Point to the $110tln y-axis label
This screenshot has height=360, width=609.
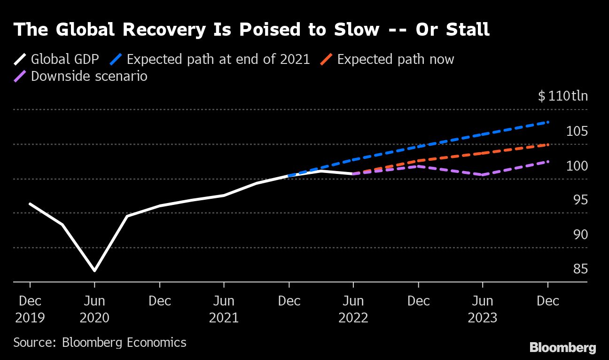pos(562,96)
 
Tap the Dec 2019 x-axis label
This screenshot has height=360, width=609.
pos(30,309)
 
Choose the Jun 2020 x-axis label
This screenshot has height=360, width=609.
pos(94,309)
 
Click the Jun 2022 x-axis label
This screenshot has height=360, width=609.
pos(353,309)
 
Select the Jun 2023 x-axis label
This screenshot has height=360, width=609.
pos(483,309)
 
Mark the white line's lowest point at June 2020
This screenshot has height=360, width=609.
pos(94,271)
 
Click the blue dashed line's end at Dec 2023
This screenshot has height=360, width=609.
pos(548,122)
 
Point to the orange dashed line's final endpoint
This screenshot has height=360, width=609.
pos(548,145)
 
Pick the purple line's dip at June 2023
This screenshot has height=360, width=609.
pos(483,175)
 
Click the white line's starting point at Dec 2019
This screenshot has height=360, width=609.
pos(30,204)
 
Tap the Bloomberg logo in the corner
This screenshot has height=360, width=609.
pos(562,348)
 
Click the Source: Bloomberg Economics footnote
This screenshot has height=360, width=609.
pos(100,342)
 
